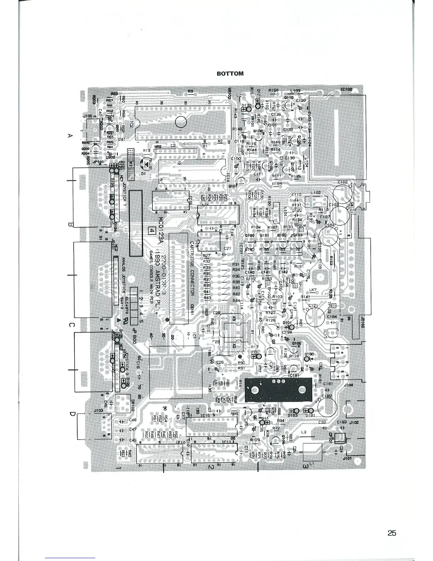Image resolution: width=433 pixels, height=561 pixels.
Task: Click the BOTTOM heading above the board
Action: pyautogui.click(x=230, y=74)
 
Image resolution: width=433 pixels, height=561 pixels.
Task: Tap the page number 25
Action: pyautogui.click(x=392, y=533)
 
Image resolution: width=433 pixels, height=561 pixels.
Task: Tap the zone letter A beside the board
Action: pyautogui.click(x=70, y=136)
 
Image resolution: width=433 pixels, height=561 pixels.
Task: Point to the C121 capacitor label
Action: pyautogui.click(x=313, y=306)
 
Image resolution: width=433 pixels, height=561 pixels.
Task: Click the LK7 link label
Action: pyautogui.click(x=313, y=290)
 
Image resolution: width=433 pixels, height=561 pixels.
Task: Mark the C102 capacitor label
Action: pyautogui.click(x=342, y=182)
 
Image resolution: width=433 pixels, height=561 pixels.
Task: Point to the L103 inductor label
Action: pyautogui.click(x=295, y=91)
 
